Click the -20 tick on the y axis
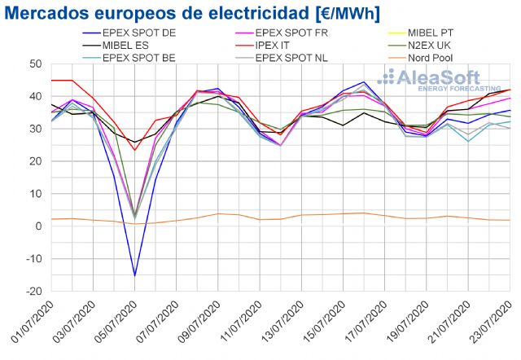pos(34,292)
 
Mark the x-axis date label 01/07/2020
pos(29,323)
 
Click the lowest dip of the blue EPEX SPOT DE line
pos(135,275)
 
